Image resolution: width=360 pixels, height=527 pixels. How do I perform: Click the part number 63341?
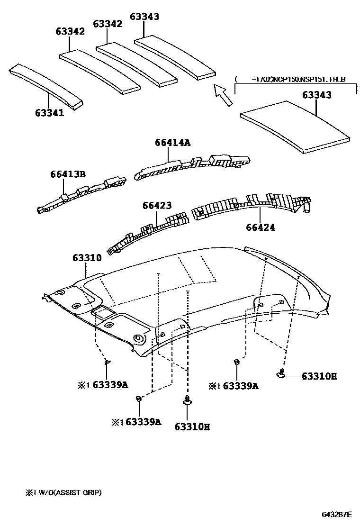coord(49,113)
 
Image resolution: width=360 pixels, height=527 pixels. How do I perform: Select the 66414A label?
coord(172,142)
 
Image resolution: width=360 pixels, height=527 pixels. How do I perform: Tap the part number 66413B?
coord(68,174)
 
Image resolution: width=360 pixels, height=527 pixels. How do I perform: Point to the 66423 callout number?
coord(157,205)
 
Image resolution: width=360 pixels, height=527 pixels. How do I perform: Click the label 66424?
coord(261,227)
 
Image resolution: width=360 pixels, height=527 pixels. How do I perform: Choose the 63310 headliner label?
coord(87,258)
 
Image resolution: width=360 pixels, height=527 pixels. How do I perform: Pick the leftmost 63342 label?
coord(70,31)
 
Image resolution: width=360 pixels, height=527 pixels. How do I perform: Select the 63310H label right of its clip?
coord(319,376)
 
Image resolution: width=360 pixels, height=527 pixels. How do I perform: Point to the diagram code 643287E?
coord(337,514)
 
